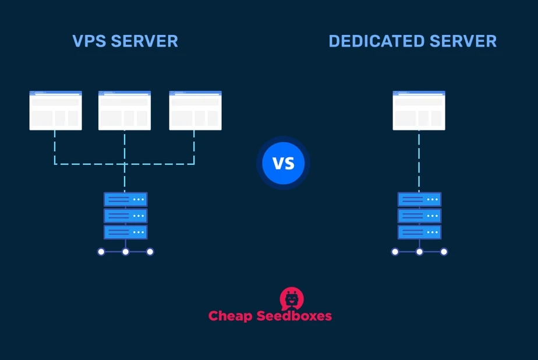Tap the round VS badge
(x=284, y=163)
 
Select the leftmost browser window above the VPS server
(x=55, y=110)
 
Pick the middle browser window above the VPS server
(x=125, y=110)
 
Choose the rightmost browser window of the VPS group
(x=195, y=110)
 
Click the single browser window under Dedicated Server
(x=419, y=110)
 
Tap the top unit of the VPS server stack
(x=125, y=199)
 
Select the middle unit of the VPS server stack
(x=125, y=216)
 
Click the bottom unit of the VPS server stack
(x=125, y=232)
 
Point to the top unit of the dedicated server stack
(x=419, y=199)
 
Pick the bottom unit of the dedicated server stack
(x=419, y=232)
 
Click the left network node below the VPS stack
(x=101, y=252)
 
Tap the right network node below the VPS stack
(x=150, y=252)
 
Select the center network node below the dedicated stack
(x=419, y=252)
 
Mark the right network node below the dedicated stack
(x=444, y=252)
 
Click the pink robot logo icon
(x=291, y=298)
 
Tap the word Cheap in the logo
(x=230, y=316)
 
